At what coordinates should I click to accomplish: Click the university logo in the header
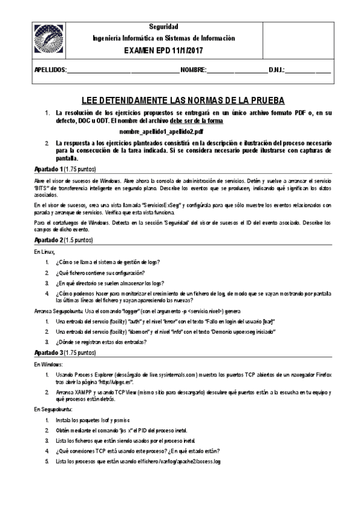pyautogui.click(x=48, y=40)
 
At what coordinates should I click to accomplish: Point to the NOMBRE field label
pyautogui.click(x=194, y=70)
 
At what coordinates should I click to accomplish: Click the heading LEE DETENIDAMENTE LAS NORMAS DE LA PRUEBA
pyautogui.click(x=182, y=100)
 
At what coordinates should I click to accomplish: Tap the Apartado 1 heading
pyautogui.click(x=48, y=170)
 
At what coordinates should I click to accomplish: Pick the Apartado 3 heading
pyautogui.click(x=48, y=352)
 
